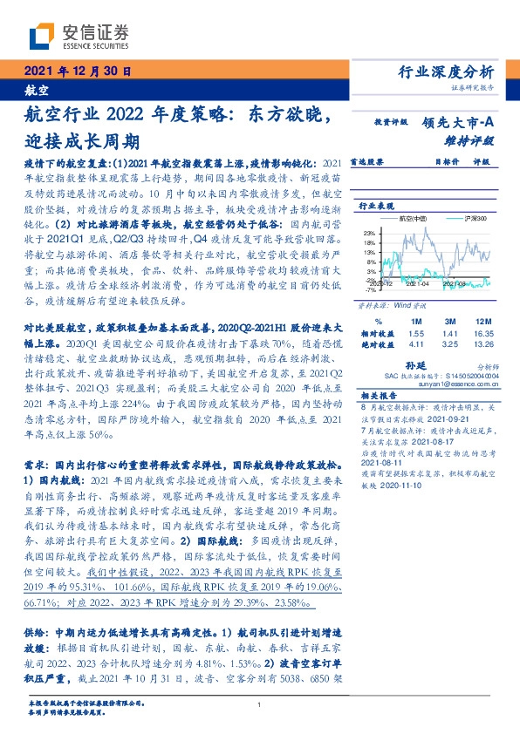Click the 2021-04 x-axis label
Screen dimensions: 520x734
[418, 284]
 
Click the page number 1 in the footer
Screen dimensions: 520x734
[260, 704]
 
